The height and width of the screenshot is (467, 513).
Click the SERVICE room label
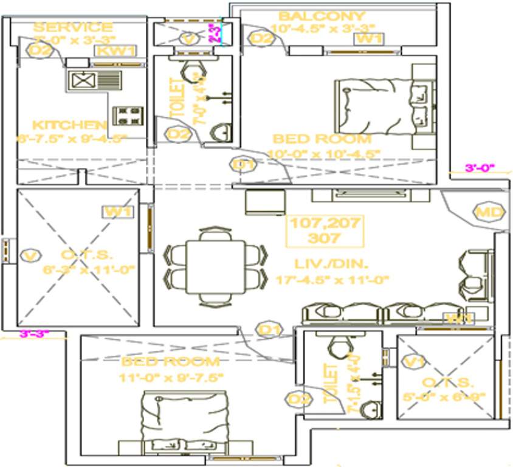click(72, 27)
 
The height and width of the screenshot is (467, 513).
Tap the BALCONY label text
click(322, 16)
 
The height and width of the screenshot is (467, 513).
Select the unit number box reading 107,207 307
click(325, 230)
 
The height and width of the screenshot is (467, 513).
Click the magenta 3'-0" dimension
click(480, 168)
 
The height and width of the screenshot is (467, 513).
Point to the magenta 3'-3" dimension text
click(34, 333)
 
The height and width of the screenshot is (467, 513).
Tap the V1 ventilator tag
click(415, 362)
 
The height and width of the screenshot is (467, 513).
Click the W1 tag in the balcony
click(368, 39)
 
